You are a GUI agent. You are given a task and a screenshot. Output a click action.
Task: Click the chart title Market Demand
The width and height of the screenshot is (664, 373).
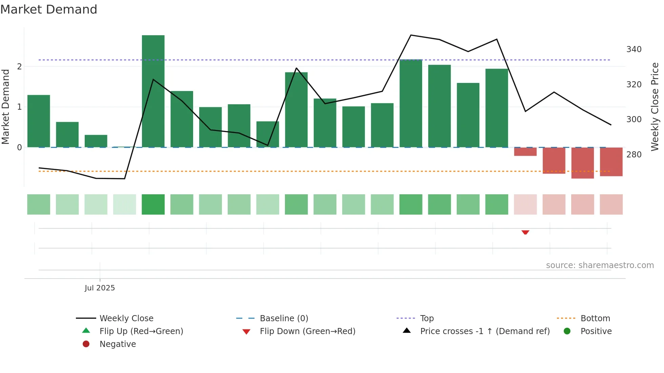(x=49, y=9)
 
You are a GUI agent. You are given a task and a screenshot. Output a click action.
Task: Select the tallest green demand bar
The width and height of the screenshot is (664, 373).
(x=153, y=91)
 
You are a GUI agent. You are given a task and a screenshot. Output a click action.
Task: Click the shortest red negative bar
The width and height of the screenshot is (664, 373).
(x=525, y=152)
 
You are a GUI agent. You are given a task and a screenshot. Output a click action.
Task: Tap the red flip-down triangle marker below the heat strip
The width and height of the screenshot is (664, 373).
(x=525, y=232)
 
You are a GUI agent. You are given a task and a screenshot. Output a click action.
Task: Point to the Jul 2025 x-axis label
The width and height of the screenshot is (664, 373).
(x=100, y=288)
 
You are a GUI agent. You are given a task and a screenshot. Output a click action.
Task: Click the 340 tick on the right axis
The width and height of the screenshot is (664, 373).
(x=634, y=49)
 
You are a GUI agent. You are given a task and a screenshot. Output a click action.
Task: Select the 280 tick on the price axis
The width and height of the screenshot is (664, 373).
(x=634, y=155)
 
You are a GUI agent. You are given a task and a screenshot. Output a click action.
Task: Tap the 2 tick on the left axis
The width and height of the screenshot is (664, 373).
(x=19, y=67)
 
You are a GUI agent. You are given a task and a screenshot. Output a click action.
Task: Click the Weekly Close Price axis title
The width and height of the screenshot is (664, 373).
(x=655, y=107)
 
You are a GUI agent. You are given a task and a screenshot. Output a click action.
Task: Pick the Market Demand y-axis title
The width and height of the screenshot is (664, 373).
(x=6, y=107)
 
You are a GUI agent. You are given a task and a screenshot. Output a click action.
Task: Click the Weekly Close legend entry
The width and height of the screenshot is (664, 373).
(x=126, y=318)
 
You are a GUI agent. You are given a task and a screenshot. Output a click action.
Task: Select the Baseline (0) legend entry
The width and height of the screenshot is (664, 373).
(x=284, y=318)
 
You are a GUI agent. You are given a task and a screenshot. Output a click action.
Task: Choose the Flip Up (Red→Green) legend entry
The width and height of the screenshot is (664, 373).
(x=141, y=331)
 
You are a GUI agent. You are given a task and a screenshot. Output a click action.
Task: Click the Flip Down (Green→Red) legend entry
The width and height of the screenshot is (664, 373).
(x=307, y=331)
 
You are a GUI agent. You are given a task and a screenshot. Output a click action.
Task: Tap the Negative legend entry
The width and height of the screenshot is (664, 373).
(x=117, y=344)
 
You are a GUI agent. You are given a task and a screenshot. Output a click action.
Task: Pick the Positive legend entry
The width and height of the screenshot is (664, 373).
(x=596, y=331)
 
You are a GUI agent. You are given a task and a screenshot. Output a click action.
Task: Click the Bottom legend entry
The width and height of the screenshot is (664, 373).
(x=595, y=318)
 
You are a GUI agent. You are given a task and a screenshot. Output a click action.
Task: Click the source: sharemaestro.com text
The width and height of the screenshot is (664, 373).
(x=600, y=265)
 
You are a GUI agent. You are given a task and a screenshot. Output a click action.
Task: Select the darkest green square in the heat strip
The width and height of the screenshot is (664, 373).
(x=153, y=204)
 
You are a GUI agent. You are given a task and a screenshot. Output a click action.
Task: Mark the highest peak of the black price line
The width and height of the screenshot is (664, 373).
(x=411, y=35)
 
